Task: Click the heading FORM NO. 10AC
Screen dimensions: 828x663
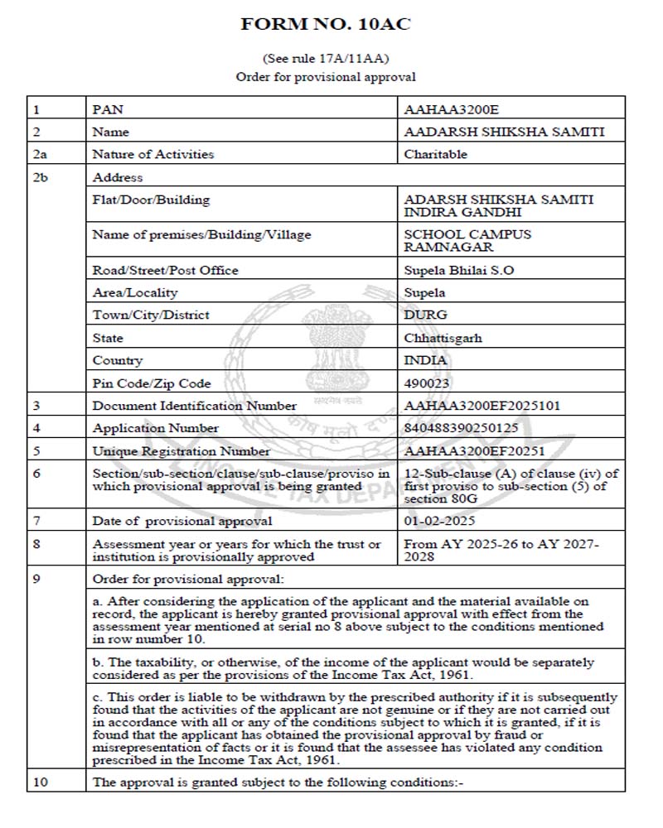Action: click(326, 24)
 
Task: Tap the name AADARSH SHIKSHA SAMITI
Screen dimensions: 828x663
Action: click(504, 132)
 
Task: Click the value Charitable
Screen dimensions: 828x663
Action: click(436, 154)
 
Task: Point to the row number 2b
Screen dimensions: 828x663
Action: click(41, 177)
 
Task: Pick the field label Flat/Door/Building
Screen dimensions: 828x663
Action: click(151, 200)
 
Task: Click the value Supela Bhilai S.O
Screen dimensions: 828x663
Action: click(458, 270)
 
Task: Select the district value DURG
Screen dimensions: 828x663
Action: click(425, 315)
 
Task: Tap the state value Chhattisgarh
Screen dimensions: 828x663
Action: click(443, 338)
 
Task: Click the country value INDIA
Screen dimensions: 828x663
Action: click(426, 360)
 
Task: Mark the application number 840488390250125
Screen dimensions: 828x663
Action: click(472, 428)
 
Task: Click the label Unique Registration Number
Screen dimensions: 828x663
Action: click(181, 451)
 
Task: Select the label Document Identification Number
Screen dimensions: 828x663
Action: click(195, 406)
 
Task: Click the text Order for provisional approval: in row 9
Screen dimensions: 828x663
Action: click(188, 578)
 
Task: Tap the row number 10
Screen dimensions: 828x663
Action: click(39, 781)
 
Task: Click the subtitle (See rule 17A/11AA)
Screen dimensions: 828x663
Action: click(326, 59)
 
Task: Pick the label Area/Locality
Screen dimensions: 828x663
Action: click(135, 292)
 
